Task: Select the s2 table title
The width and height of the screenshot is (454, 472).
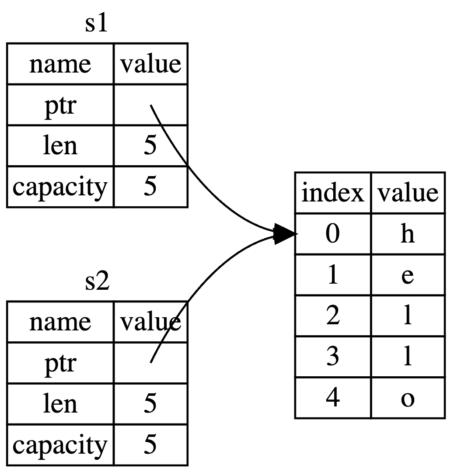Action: pyautogui.click(x=97, y=283)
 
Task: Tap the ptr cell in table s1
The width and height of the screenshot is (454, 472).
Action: pyautogui.click(x=60, y=105)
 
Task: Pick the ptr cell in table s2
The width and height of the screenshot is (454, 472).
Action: pyautogui.click(x=60, y=363)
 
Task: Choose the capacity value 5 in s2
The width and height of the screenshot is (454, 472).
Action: pyautogui.click(x=150, y=445)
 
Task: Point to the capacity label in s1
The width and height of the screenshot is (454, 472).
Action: pyautogui.click(x=60, y=187)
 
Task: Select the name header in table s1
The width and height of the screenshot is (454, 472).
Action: pyautogui.click(x=60, y=64)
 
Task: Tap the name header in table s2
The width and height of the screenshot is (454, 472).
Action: pyautogui.click(x=60, y=322)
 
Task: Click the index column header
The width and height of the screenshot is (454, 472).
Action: pyautogui.click(x=333, y=193)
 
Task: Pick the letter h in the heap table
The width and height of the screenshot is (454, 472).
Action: pyautogui.click(x=407, y=235)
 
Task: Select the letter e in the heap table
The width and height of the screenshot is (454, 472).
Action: pyautogui.click(x=407, y=276)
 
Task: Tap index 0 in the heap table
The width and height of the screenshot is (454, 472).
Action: pyautogui.click(x=333, y=235)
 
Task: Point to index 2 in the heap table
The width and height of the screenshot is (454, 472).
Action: pyautogui.click(x=333, y=317)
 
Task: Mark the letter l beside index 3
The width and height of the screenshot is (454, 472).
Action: pyautogui.click(x=407, y=358)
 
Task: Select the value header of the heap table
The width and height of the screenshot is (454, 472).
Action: pyautogui.click(x=408, y=193)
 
